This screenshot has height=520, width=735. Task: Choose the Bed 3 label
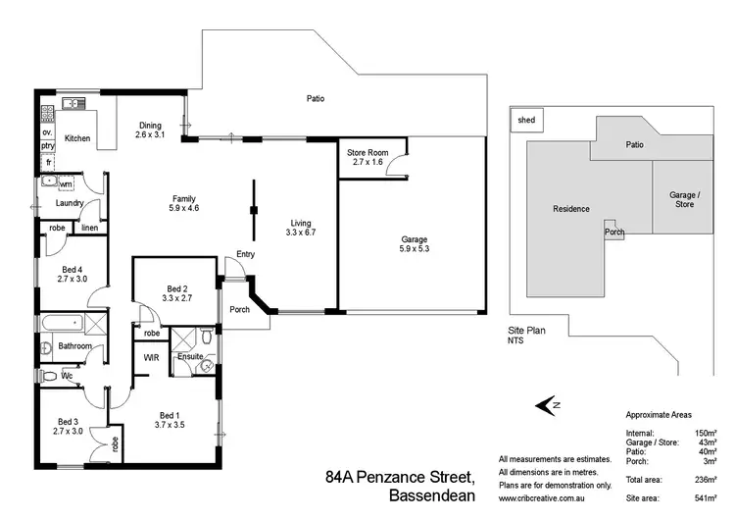click(68, 425)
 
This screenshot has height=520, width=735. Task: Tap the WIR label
click(152, 358)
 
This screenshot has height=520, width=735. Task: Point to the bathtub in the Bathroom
click(62, 324)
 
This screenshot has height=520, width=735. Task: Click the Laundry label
click(70, 204)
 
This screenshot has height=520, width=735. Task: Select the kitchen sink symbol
click(72, 103)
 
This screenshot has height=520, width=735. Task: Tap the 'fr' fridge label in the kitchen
click(47, 161)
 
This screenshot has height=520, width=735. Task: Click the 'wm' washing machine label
click(66, 183)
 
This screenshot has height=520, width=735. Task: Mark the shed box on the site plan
click(527, 122)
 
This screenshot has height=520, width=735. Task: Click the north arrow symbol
click(546, 404)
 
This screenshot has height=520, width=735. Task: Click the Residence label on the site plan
click(571, 209)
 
